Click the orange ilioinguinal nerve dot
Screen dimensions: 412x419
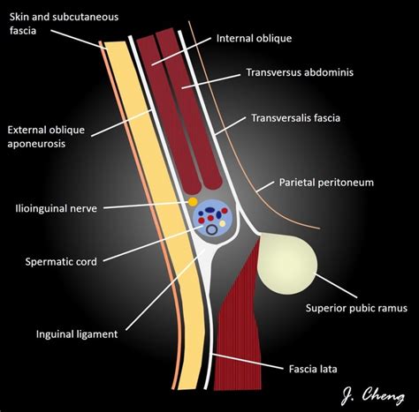pos(193,202)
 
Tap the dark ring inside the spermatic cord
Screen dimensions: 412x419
pos(213,230)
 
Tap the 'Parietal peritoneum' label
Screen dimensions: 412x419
pos(327,183)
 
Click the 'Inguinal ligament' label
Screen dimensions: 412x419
pos(77,333)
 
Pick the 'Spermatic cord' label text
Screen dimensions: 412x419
pos(62,261)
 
